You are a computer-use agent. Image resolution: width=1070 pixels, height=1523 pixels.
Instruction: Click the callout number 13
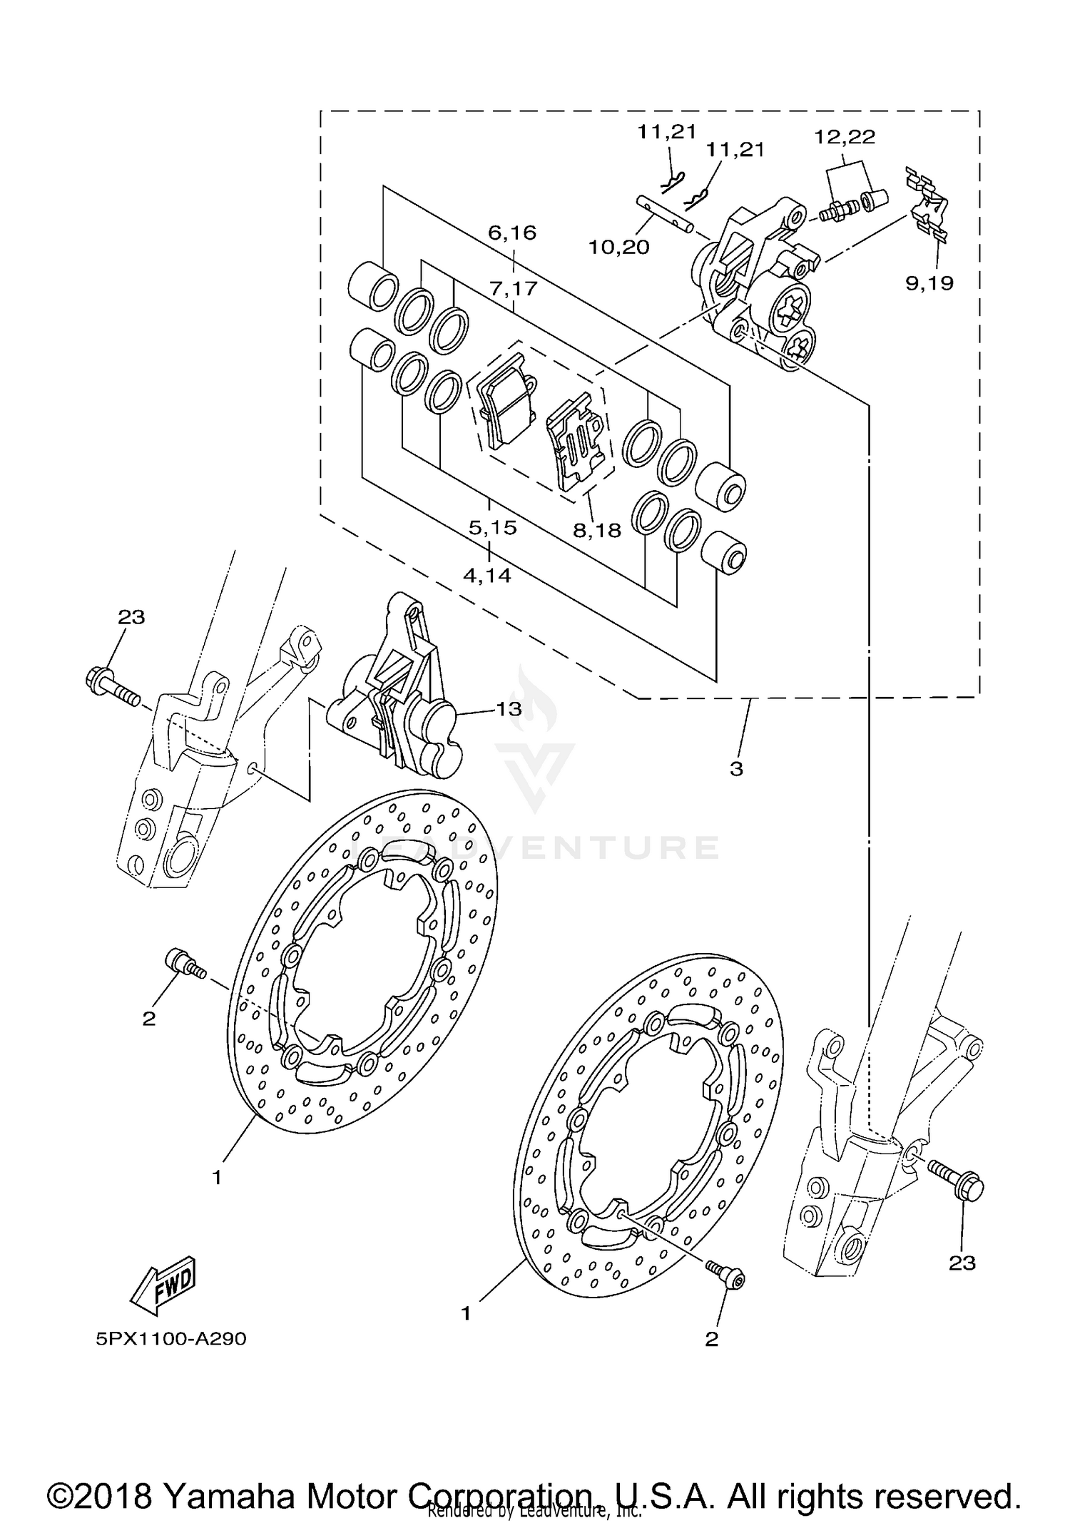point(509,709)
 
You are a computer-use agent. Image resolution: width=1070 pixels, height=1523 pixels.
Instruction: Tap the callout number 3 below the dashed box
point(736,769)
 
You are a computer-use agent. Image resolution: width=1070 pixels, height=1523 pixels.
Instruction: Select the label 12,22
point(845,137)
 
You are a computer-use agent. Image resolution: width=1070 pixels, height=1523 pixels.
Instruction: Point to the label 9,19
point(929,283)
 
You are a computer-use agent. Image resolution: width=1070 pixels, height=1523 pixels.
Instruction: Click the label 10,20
point(618,248)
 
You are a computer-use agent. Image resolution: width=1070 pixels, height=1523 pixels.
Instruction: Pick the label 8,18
point(597,530)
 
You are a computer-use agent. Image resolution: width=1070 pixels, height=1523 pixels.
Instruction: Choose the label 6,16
point(512,233)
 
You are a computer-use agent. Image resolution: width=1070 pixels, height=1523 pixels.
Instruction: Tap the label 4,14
point(487,575)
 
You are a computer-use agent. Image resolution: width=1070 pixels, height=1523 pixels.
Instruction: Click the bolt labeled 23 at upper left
point(111,682)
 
